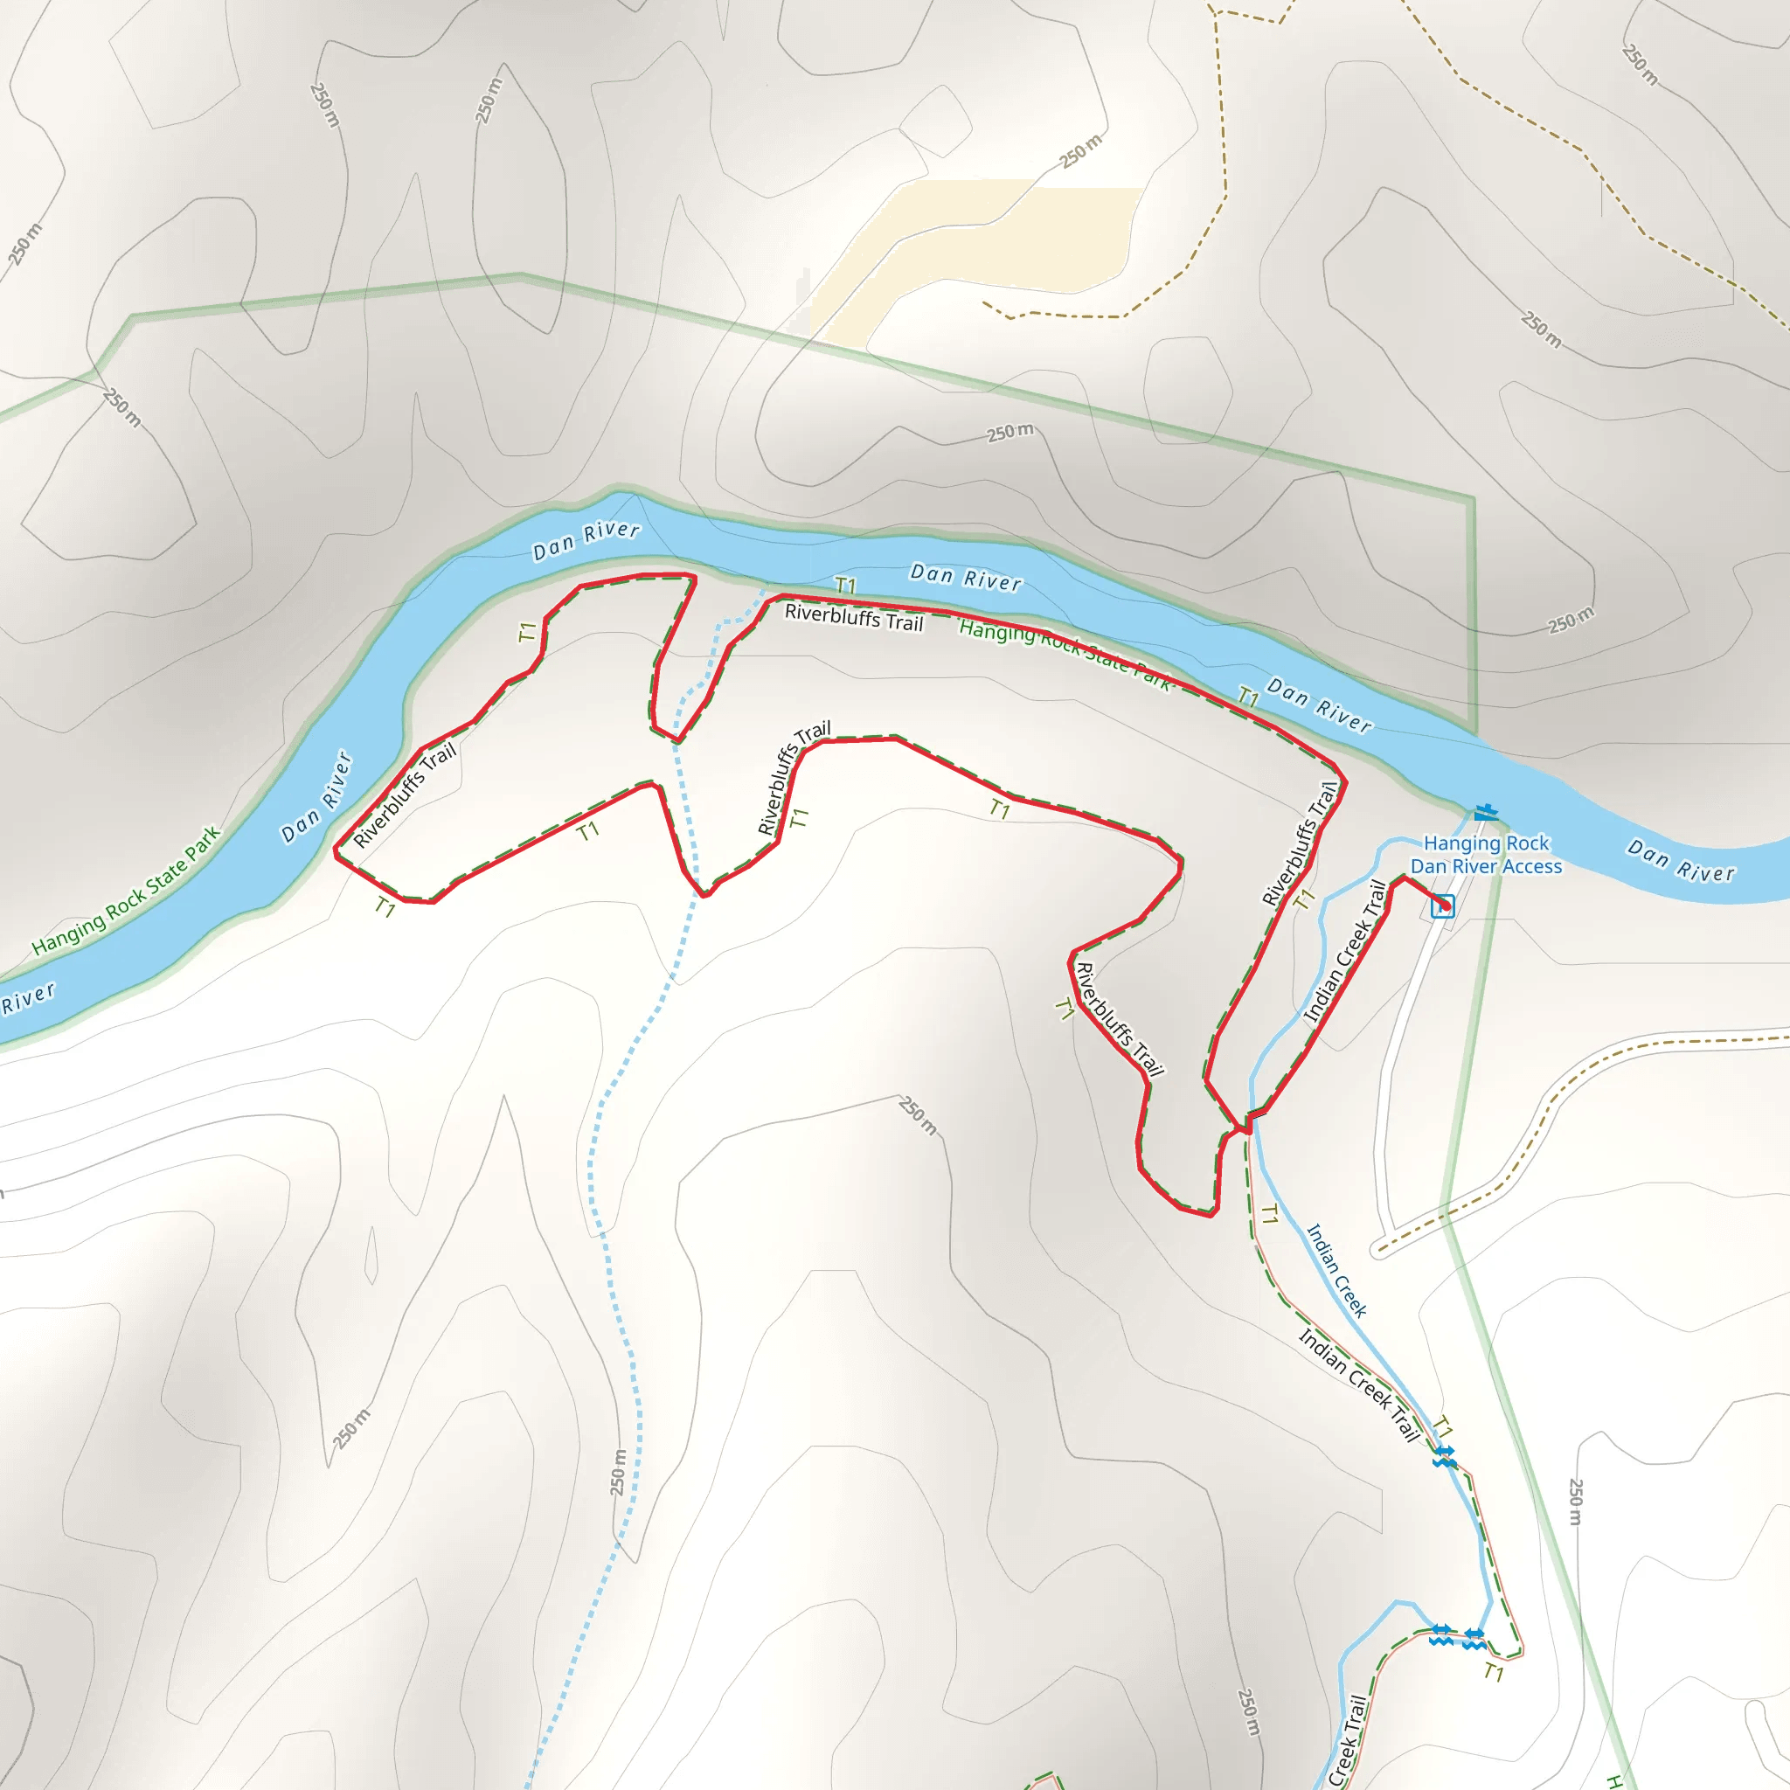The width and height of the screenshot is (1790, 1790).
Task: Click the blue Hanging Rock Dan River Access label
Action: [1485, 854]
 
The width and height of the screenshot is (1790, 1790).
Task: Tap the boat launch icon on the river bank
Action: [1485, 813]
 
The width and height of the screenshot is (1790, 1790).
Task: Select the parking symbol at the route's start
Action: [1442, 906]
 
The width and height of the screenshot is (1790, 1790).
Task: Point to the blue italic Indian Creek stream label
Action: [1336, 1270]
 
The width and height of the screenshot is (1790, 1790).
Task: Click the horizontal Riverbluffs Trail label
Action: [853, 617]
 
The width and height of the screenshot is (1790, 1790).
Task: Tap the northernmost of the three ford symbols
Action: [1445, 1456]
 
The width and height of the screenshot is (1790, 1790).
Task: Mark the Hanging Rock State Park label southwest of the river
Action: [127, 891]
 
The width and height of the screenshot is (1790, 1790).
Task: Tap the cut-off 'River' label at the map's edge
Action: [28, 999]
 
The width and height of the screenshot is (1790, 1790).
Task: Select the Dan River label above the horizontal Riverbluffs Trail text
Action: [966, 577]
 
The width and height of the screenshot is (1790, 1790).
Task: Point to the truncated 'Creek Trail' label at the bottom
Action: [1347, 1742]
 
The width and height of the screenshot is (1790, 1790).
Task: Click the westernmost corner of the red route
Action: [336, 850]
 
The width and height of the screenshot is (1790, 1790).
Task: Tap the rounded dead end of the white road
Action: [1378, 1248]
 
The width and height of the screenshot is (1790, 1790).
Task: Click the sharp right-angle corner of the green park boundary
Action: [1472, 499]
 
